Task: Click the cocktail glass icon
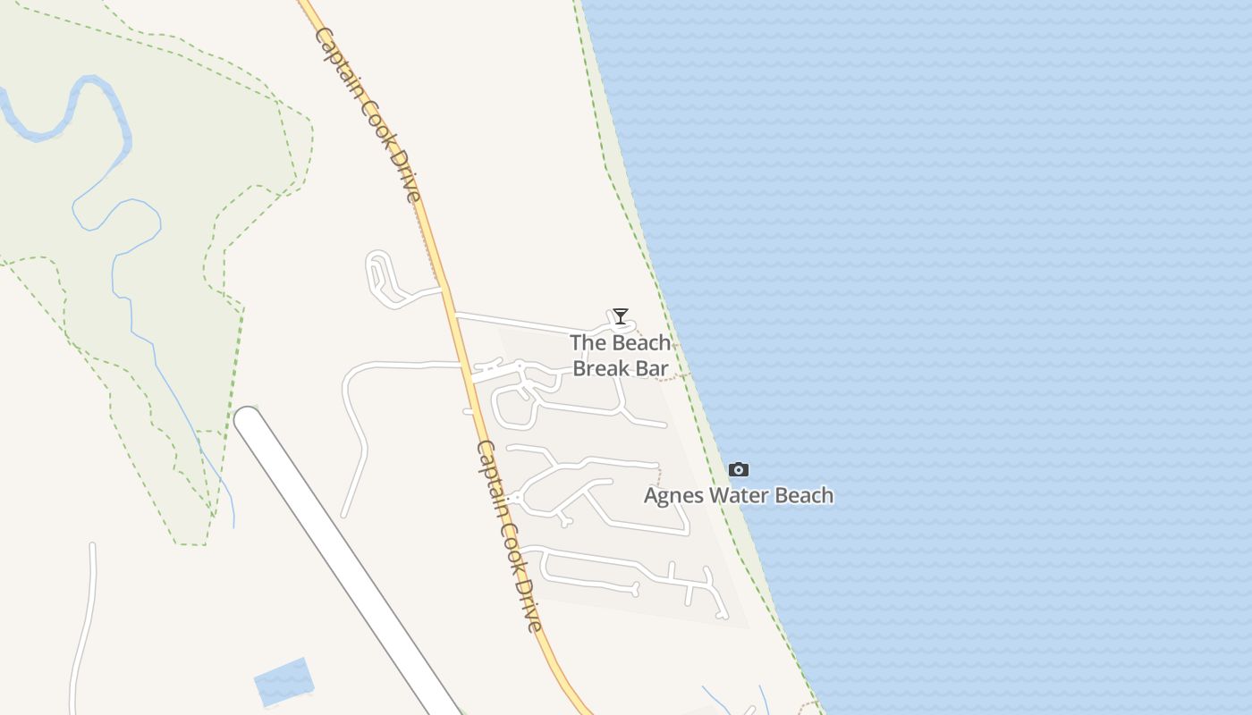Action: tap(620, 316)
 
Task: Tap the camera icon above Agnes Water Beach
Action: tap(739, 470)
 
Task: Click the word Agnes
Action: tap(672, 496)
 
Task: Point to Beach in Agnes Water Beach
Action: tap(802, 496)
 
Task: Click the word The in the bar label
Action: tap(588, 342)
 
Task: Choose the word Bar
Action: tap(653, 368)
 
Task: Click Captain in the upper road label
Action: tap(345, 69)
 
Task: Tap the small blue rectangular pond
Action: tap(283, 681)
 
